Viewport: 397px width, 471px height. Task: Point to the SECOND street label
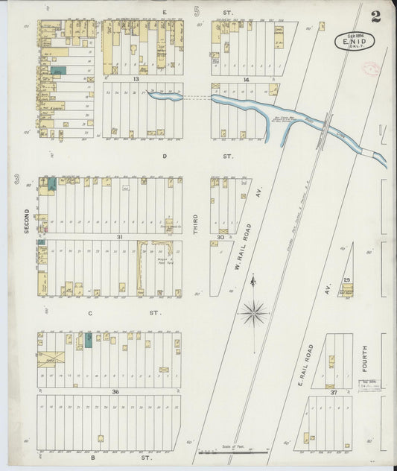(x=26, y=221)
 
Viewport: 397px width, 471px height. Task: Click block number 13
(x=136, y=78)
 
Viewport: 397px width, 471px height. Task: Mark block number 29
(x=346, y=279)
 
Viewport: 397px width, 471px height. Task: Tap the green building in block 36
(x=89, y=340)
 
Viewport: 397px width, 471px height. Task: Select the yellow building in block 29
(x=346, y=289)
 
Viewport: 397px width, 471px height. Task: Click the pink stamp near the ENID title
(x=370, y=68)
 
